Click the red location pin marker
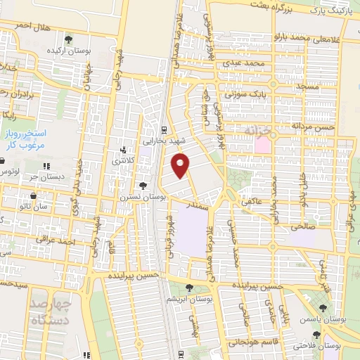click(181, 166)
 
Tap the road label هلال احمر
click(30, 25)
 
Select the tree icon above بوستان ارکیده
click(68, 40)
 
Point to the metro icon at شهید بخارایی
click(163, 129)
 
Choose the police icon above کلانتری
click(123, 150)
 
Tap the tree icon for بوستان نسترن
click(143, 186)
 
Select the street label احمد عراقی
click(57, 242)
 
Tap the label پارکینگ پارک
click(331, 11)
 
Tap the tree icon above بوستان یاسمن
click(323, 309)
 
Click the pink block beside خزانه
click(262, 146)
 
